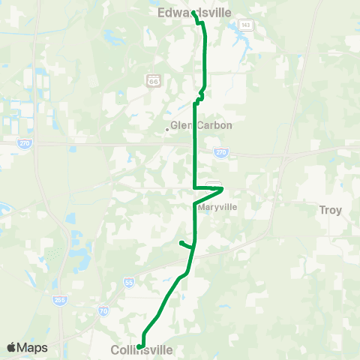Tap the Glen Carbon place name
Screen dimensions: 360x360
pos(202,125)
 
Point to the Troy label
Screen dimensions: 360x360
pos(330,210)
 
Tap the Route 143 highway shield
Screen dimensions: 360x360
pos(245,25)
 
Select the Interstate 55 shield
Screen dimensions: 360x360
pos(130,283)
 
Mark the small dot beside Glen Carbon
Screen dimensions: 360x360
pos(167,129)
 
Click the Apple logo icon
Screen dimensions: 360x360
pos(11,348)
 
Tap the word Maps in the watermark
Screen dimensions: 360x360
pos(32,348)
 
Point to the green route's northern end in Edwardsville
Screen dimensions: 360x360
pos(193,13)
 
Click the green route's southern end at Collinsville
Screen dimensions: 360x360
pos(140,346)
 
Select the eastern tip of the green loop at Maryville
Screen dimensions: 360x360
pos(222,188)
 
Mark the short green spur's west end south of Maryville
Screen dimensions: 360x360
pos(181,241)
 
